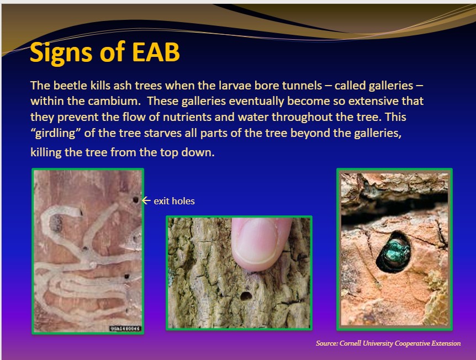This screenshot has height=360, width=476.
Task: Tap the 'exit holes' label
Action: (x=174, y=201)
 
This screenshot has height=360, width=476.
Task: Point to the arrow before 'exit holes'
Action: (x=146, y=200)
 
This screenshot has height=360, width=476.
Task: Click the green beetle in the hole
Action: (x=393, y=251)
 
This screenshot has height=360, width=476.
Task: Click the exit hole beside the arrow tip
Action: (x=136, y=200)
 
